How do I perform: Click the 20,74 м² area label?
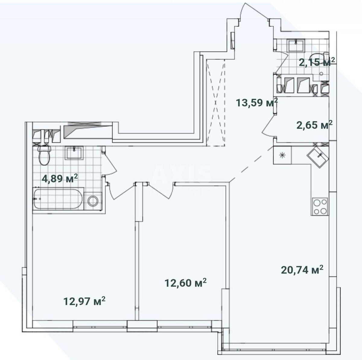(302, 270)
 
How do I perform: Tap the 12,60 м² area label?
(186, 283)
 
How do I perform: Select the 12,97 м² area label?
(84, 301)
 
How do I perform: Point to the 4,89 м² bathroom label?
(60, 178)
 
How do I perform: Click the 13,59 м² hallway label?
(257, 103)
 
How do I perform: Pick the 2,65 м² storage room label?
(314, 125)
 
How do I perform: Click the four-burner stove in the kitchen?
(320, 206)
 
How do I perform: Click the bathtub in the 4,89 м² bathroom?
(58, 199)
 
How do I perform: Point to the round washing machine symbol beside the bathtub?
(93, 201)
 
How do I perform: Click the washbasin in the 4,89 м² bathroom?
(74, 153)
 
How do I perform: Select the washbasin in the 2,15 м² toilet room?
(296, 45)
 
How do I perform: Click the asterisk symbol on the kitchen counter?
(282, 155)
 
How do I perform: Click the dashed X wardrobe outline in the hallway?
(216, 103)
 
